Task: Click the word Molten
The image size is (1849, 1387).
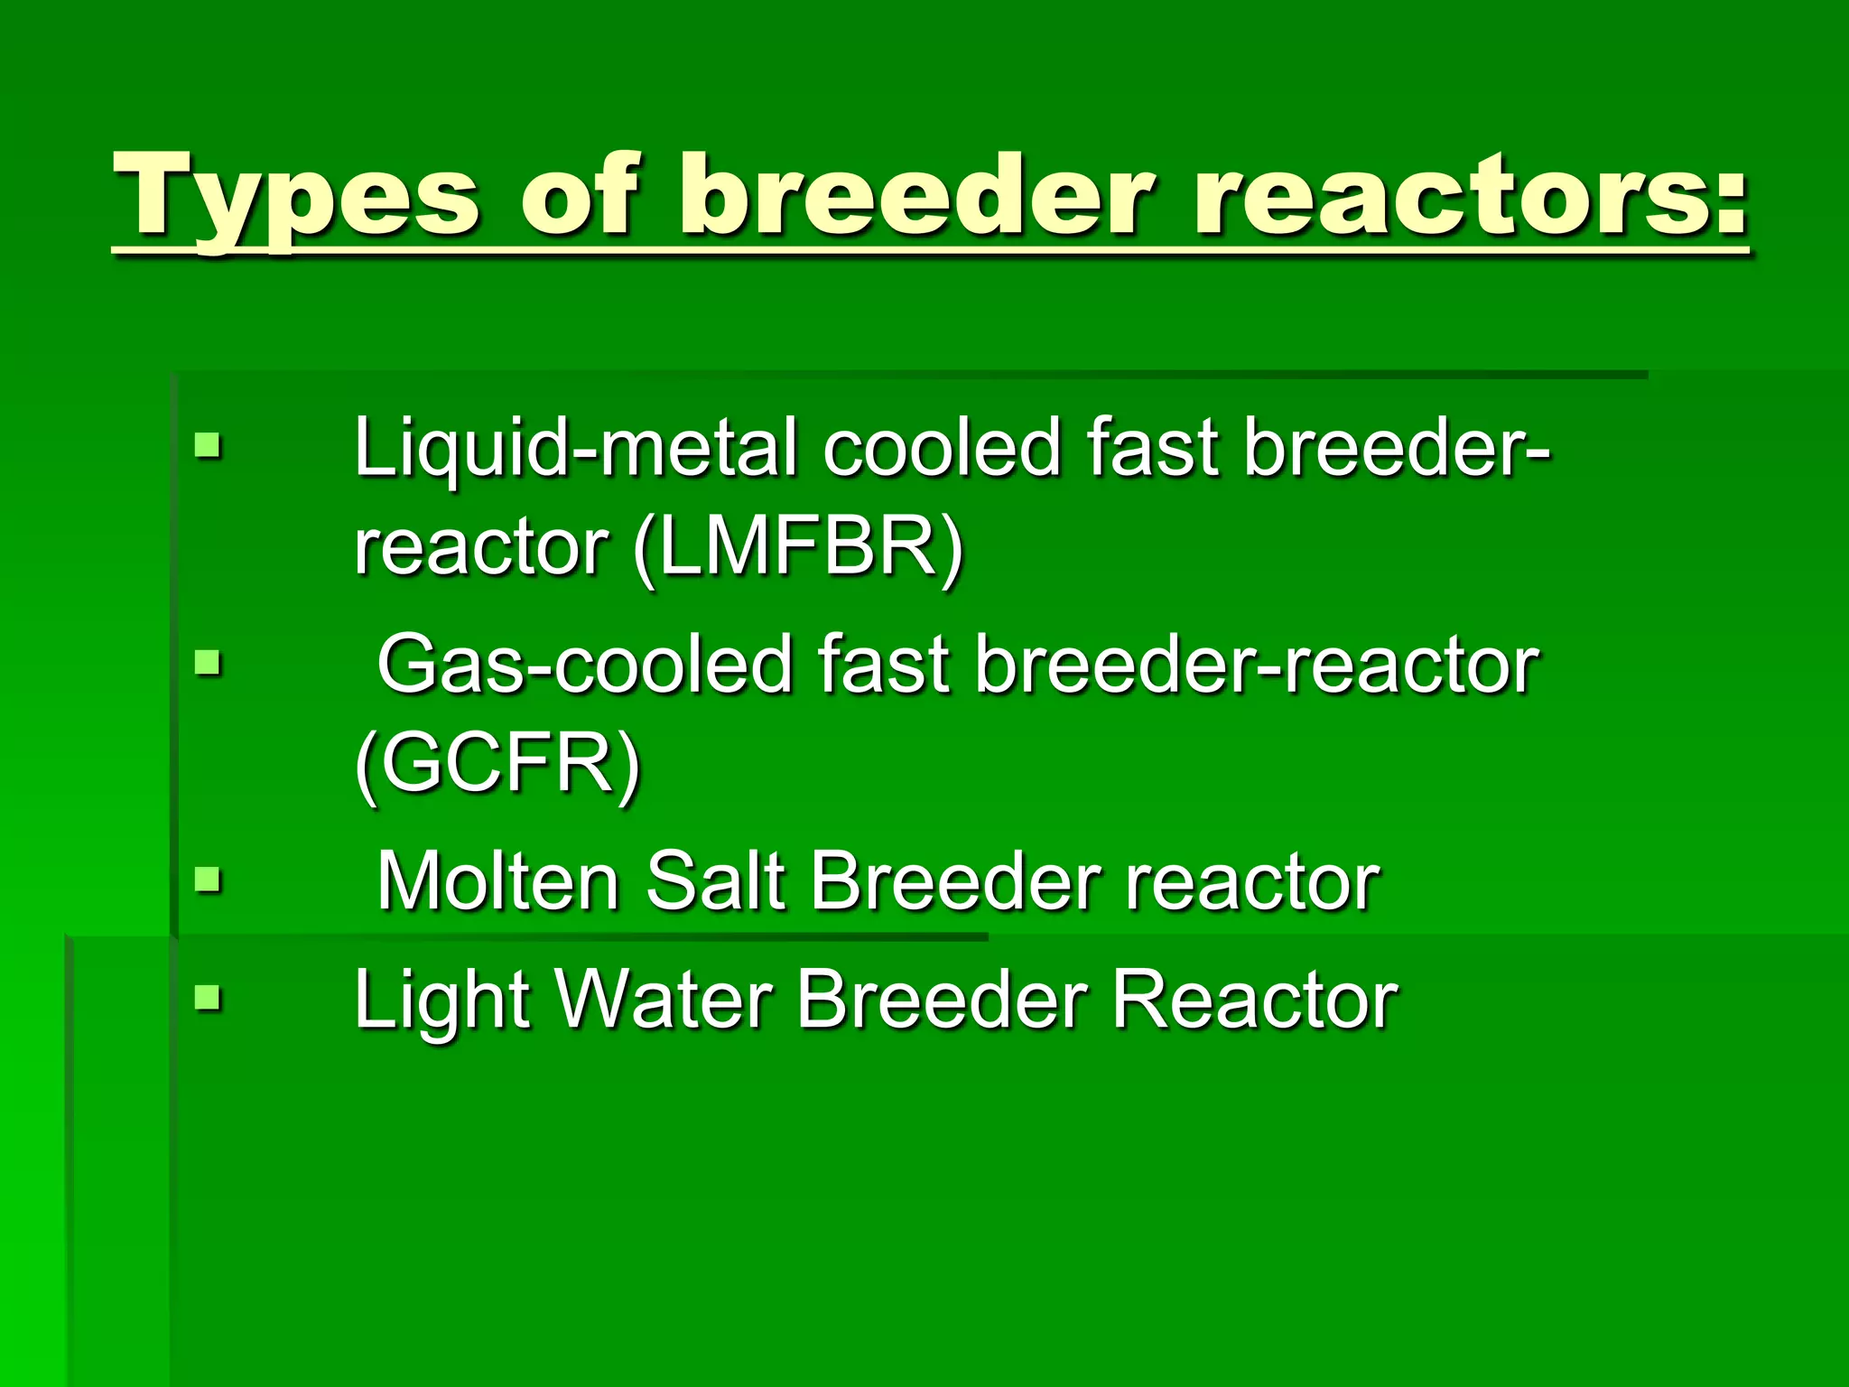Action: pyautogui.click(x=497, y=881)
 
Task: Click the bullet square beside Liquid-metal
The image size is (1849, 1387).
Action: pyautogui.click(x=208, y=445)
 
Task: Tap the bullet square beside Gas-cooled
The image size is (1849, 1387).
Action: pyautogui.click(x=208, y=664)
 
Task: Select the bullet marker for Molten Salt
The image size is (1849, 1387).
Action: pyautogui.click(x=208, y=879)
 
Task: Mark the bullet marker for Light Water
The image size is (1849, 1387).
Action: pyautogui.click(x=208, y=999)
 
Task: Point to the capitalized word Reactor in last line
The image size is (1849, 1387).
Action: pyautogui.click(x=1254, y=1001)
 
